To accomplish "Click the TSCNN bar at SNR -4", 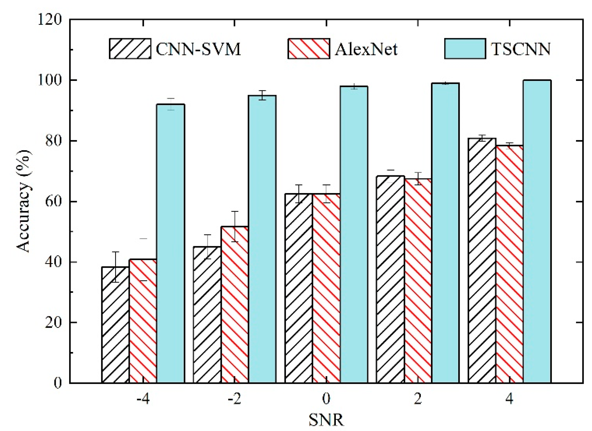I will pos(171,243).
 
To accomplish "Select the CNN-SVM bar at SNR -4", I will pos(115,325).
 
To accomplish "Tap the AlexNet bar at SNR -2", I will pos(234,305).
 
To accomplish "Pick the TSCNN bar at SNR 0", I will pos(354,235).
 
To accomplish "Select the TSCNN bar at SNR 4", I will pos(537,232).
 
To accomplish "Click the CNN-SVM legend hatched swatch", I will pos(130,49).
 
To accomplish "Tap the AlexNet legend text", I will pos(366,49).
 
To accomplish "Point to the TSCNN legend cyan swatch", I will pos(465,49).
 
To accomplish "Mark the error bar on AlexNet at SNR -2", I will pos(235,226).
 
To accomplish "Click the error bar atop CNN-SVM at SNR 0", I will pos(299,194).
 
